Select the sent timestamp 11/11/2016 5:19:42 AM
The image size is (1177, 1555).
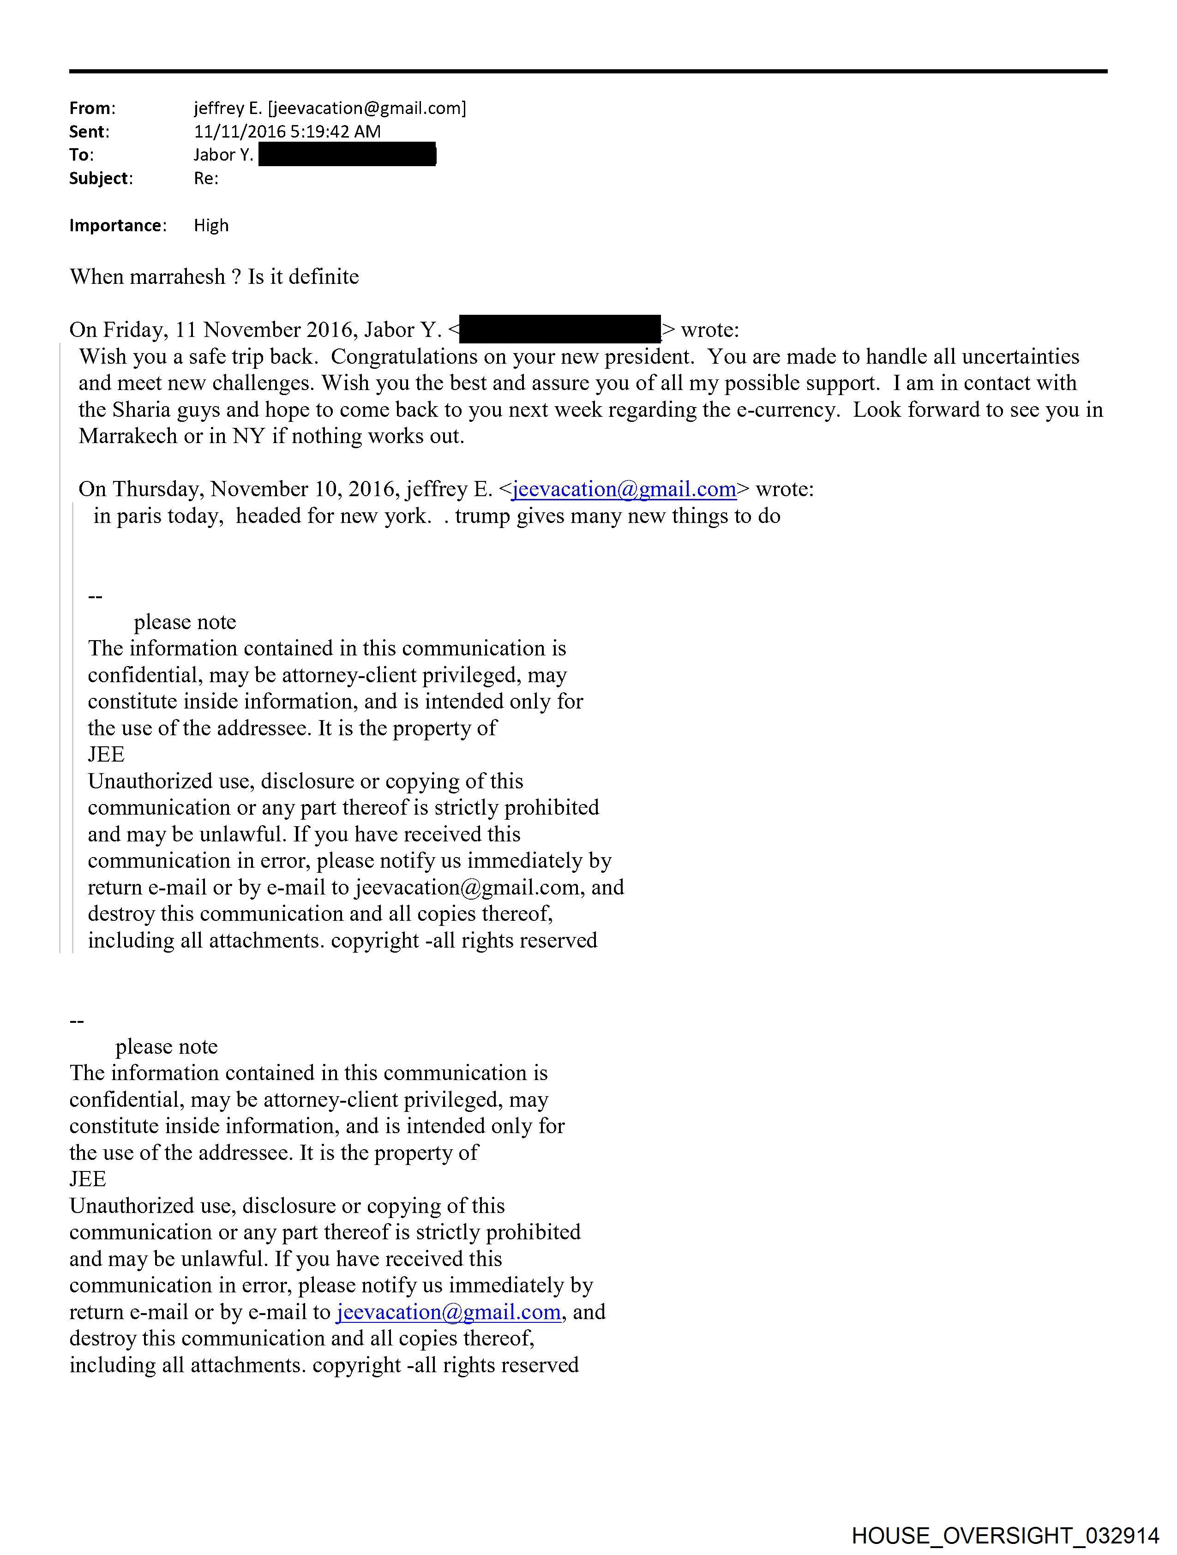pyautogui.click(x=287, y=132)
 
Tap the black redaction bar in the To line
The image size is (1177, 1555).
pyautogui.click(x=348, y=155)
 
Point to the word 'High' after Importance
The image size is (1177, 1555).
pyautogui.click(x=211, y=226)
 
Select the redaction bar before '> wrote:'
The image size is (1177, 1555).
pyautogui.click(x=560, y=330)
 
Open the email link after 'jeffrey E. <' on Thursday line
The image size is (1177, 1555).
pyautogui.click(x=624, y=489)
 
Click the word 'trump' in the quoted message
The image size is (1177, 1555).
pyautogui.click(x=482, y=516)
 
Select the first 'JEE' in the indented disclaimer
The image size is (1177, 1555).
pyautogui.click(x=106, y=754)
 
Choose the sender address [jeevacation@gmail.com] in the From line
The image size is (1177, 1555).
pyautogui.click(x=367, y=108)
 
